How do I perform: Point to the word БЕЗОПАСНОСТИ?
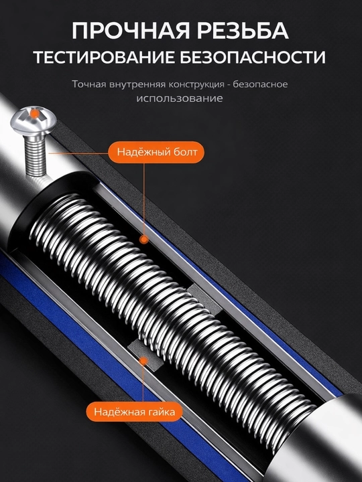coord(253,57)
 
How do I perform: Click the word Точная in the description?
coord(89,84)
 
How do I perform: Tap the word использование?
coord(180,98)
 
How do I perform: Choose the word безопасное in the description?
coord(260,84)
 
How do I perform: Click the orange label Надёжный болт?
coord(156,152)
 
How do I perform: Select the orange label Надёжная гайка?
coord(134,411)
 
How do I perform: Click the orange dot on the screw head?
coord(35,114)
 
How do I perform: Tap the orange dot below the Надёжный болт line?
coord(143,239)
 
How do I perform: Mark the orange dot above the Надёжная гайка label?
coord(143,361)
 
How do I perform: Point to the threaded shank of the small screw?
coord(36,156)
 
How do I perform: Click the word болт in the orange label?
coord(184,152)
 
